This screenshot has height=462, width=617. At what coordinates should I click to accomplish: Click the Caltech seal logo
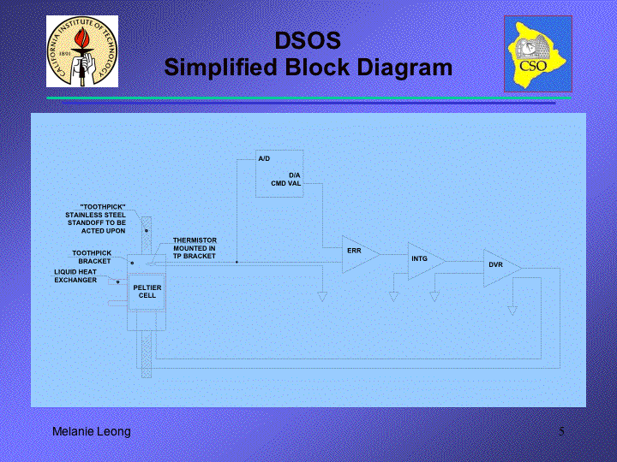click(x=82, y=51)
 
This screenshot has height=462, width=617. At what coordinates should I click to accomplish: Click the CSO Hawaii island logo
click(x=538, y=54)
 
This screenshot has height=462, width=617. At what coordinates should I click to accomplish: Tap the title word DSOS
click(x=308, y=40)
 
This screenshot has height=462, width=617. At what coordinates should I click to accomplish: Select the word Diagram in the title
click(x=402, y=68)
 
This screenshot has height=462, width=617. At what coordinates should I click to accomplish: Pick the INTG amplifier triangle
click(x=426, y=261)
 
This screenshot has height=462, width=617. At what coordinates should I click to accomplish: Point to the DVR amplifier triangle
click(x=501, y=269)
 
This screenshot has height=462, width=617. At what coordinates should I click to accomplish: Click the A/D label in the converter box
click(x=264, y=159)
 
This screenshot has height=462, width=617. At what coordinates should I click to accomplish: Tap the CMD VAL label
click(x=286, y=183)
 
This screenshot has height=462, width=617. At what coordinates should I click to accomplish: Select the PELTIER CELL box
click(x=147, y=292)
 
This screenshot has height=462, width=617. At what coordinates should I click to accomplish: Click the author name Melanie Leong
click(x=92, y=431)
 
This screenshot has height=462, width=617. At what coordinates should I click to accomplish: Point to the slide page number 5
click(x=561, y=431)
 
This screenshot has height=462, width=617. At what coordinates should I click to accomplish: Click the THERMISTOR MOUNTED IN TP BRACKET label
click(x=195, y=248)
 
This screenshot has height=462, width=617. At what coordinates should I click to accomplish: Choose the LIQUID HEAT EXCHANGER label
click(x=75, y=275)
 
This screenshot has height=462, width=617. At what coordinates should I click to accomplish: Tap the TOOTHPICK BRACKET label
click(x=92, y=257)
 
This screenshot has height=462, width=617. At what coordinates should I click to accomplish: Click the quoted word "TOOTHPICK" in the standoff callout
click(x=103, y=207)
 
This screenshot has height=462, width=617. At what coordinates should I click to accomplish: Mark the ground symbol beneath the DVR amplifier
click(x=512, y=311)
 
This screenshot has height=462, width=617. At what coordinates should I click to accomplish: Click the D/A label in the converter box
click(x=295, y=175)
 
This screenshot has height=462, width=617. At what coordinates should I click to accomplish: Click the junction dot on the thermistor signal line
click(x=237, y=262)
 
